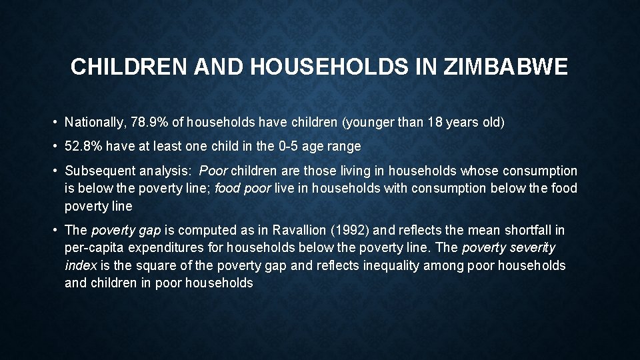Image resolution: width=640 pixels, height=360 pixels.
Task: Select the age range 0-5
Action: (310, 146)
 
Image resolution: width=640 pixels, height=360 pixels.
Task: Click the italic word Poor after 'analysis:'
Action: (213, 171)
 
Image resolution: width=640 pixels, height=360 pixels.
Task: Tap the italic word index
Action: (80, 265)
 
